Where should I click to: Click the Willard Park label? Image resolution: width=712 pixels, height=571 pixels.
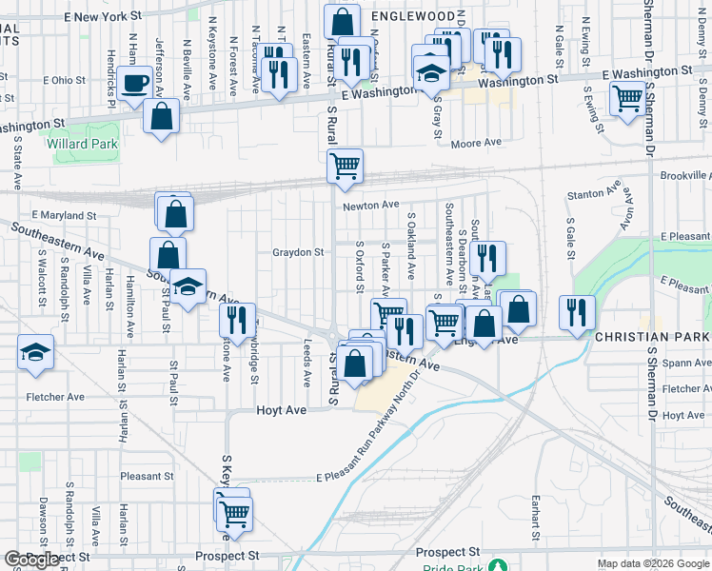[80, 145]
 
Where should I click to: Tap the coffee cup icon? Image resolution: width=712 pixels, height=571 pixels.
[136, 83]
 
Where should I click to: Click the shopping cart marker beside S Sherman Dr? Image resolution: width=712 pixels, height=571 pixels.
[627, 97]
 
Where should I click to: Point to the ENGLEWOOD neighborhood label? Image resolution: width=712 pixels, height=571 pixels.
[413, 16]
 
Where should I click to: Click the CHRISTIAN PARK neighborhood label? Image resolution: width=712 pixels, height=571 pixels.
[653, 338]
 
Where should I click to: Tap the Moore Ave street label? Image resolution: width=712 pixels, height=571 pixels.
[476, 143]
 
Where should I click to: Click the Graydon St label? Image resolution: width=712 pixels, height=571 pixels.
[299, 252]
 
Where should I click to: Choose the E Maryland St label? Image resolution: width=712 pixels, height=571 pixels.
[64, 216]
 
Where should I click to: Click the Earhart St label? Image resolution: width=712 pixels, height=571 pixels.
[536, 513]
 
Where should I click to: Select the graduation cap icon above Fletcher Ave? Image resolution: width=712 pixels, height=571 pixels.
[36, 354]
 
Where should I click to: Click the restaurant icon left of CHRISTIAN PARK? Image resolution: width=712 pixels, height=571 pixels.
[577, 312]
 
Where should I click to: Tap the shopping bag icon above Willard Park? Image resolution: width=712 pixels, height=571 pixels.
[163, 116]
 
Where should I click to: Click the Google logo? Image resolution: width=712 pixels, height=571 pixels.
[32, 560]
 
